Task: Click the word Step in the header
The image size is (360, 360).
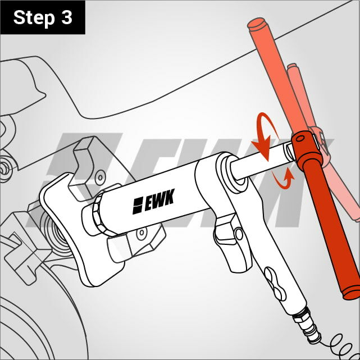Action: (x=34, y=19)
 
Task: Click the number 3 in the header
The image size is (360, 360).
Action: (x=67, y=17)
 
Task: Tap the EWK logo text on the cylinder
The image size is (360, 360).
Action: (x=153, y=202)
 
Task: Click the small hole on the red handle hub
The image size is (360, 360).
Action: (x=300, y=138)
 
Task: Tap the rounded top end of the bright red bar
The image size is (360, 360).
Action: (x=257, y=24)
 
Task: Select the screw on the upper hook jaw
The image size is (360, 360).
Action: (x=101, y=177)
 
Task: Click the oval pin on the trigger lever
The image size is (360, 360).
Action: (x=239, y=234)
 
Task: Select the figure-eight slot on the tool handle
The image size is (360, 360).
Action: (x=275, y=284)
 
